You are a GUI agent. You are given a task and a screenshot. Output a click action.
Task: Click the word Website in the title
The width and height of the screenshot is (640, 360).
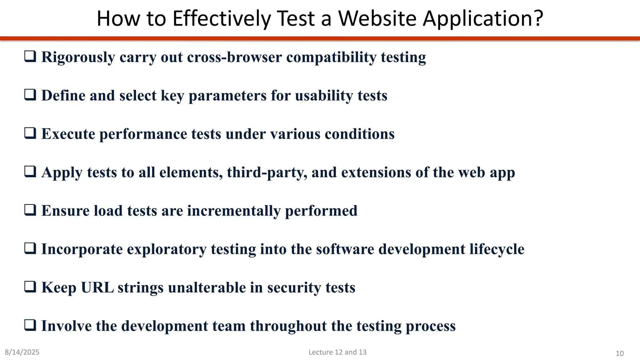pyautogui.click(x=377, y=19)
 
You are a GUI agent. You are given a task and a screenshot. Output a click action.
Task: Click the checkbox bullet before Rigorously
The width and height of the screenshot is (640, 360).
pyautogui.click(x=30, y=57)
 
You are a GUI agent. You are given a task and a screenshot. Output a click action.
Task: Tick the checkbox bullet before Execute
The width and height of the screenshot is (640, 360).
pyautogui.click(x=30, y=133)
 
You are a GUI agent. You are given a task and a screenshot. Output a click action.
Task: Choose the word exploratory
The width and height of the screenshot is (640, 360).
pyautogui.click(x=167, y=250)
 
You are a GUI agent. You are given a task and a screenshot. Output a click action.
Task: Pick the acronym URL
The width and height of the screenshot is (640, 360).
pyautogui.click(x=97, y=287)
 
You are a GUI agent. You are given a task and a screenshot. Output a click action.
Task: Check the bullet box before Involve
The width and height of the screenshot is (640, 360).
pyautogui.click(x=30, y=325)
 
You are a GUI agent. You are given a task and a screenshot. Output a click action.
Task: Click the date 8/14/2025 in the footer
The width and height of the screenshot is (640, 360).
pyautogui.click(x=22, y=352)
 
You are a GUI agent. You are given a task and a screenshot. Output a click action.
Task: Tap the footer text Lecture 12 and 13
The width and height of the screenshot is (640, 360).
pyautogui.click(x=337, y=352)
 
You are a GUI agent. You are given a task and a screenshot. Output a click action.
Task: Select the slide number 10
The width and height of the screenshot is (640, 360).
pyautogui.click(x=619, y=353)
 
